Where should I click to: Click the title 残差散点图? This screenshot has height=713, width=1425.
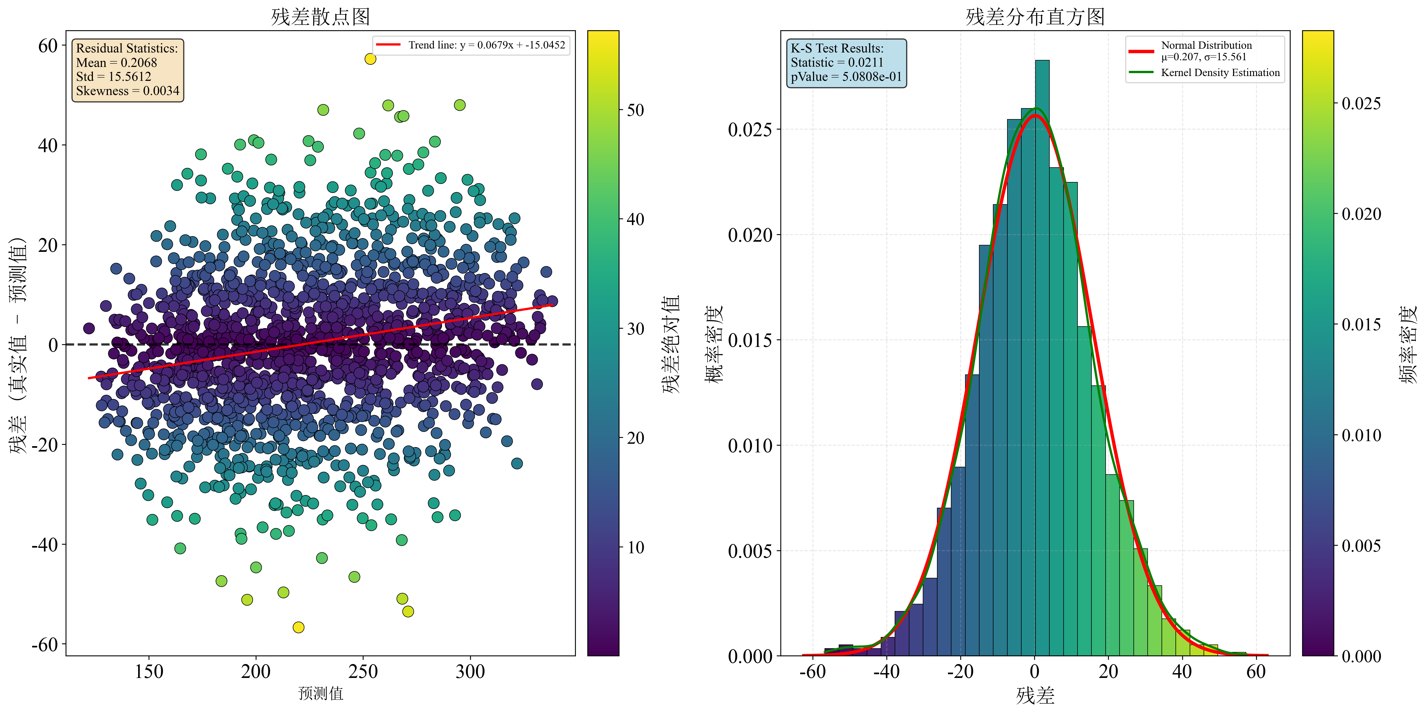320,17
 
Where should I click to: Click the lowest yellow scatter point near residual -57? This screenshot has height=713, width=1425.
299,627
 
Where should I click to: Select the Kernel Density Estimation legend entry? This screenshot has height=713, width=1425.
1220,73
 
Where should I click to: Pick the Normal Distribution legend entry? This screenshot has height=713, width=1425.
1206,45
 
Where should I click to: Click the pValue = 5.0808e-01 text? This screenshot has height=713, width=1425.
846,77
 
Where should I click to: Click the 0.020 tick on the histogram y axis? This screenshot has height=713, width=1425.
750,234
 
